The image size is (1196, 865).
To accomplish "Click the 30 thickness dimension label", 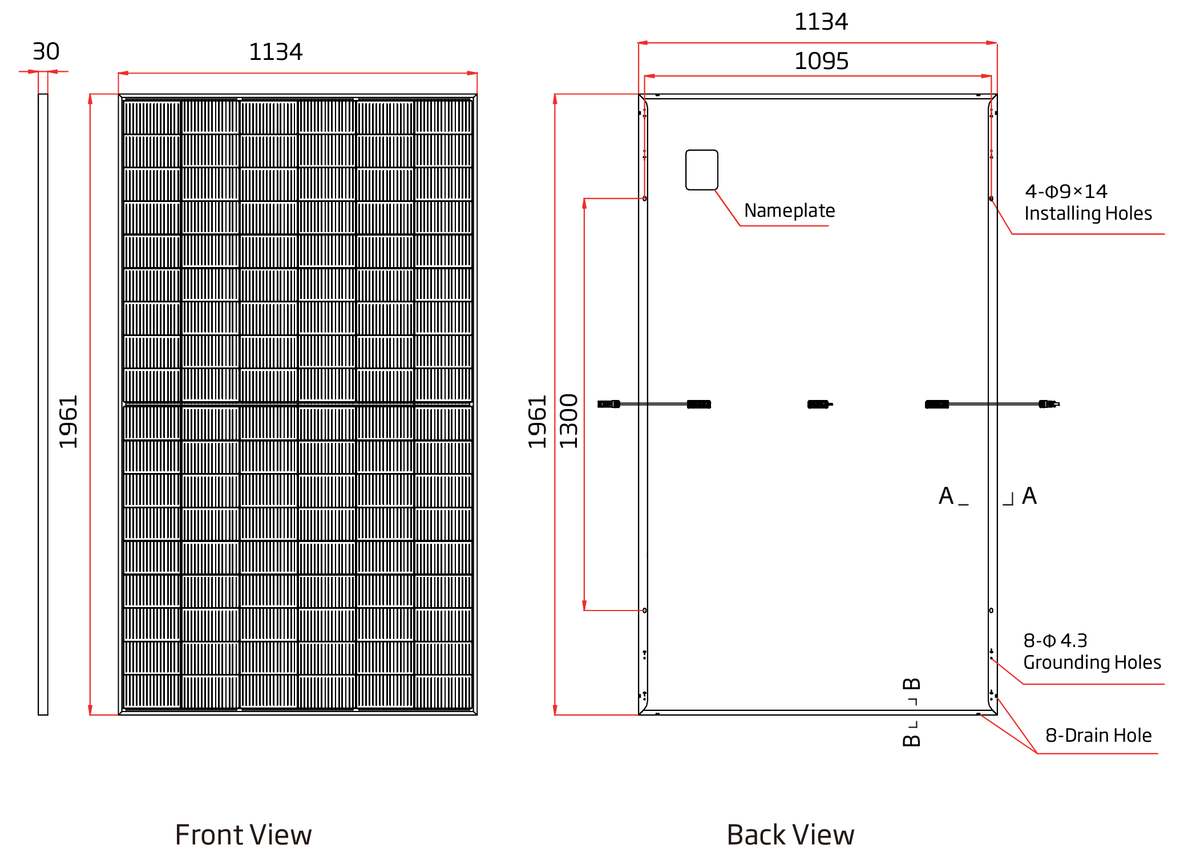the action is click(x=46, y=51).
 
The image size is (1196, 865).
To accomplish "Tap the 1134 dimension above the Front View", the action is click(x=276, y=52).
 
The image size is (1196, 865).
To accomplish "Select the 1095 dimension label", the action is click(x=821, y=61).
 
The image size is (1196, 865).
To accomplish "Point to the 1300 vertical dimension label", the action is click(x=569, y=421).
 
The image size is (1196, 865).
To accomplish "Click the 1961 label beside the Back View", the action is click(x=537, y=422).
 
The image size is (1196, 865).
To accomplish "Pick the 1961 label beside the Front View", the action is click(x=68, y=422).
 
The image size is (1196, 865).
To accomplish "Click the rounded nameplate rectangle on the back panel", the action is click(x=702, y=170).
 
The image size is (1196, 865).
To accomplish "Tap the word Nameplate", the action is click(x=790, y=211).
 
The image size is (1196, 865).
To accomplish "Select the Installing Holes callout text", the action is click(x=1088, y=213).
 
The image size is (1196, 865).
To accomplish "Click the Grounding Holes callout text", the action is click(x=1092, y=662).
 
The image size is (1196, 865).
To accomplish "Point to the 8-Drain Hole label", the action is click(x=1098, y=735).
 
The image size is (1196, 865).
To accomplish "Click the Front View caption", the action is click(x=243, y=835).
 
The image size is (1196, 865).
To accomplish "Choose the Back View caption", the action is click(x=790, y=835).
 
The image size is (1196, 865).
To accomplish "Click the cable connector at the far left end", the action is click(x=608, y=404).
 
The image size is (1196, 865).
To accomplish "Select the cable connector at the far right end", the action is click(x=1049, y=404).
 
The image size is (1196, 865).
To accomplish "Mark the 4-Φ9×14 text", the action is click(x=1066, y=191).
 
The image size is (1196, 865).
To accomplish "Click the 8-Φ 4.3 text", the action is click(x=1055, y=640).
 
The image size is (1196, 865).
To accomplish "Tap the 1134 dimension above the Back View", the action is click(x=821, y=22).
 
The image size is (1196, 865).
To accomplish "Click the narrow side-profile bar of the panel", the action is click(x=43, y=404).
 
